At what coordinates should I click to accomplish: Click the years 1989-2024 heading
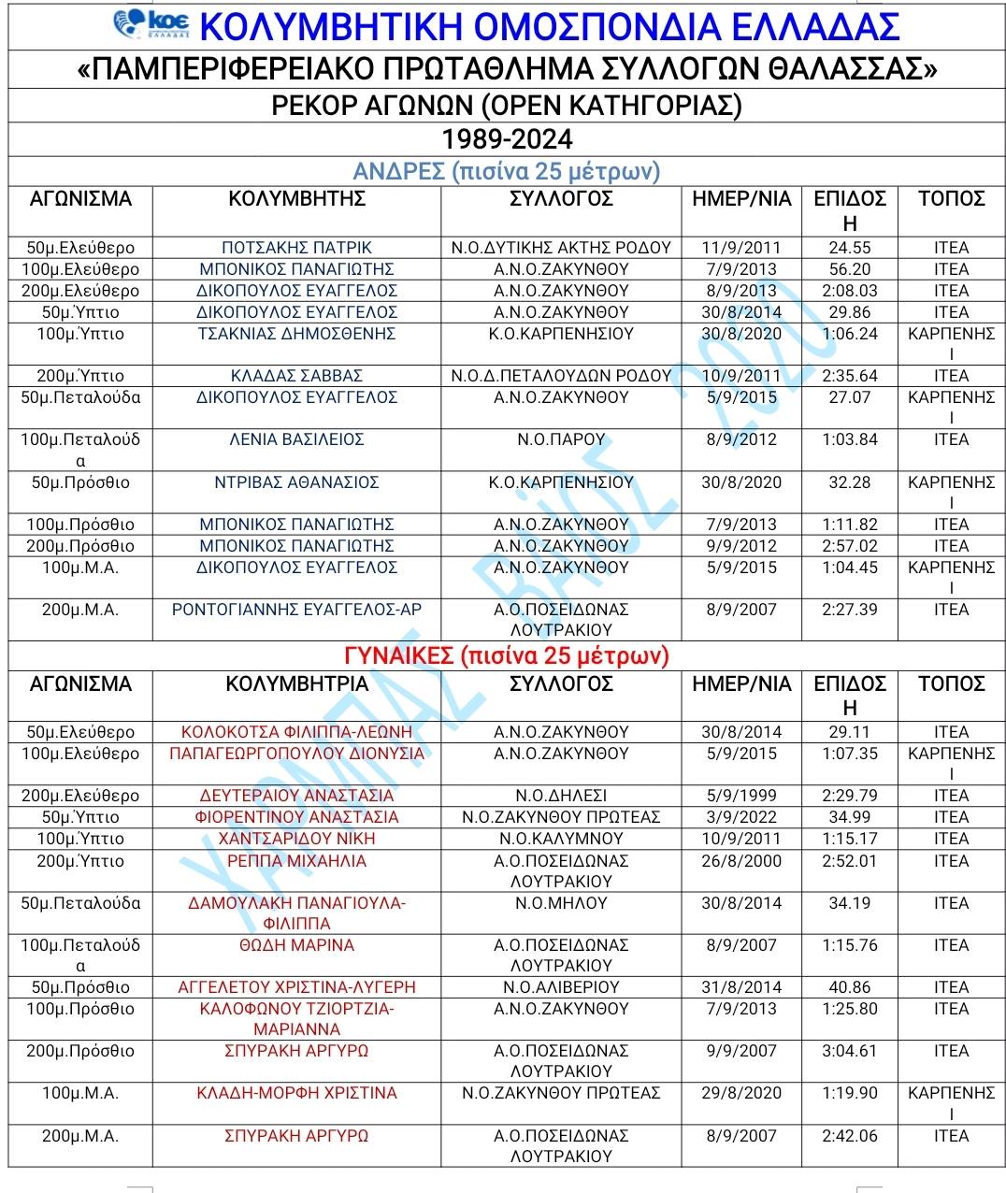pyautogui.click(x=507, y=139)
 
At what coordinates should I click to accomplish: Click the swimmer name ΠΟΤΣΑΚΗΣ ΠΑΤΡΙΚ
pyautogui.click(x=296, y=248)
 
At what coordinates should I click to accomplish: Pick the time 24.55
pyautogui.click(x=849, y=248)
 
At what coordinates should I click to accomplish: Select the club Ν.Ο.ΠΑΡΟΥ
pyautogui.click(x=561, y=439)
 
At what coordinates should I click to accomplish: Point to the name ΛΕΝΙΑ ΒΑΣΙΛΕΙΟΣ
pyautogui.click(x=296, y=439)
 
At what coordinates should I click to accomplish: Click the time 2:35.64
pyautogui.click(x=849, y=376)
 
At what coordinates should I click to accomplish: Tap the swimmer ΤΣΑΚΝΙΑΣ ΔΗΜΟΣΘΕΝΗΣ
pyautogui.click(x=296, y=334)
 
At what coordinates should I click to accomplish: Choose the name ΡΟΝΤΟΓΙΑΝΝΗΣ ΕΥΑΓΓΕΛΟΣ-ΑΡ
pyautogui.click(x=296, y=610)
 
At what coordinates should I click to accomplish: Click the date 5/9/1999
pyautogui.click(x=741, y=796)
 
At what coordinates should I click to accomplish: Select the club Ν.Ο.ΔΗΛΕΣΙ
pyautogui.click(x=561, y=796)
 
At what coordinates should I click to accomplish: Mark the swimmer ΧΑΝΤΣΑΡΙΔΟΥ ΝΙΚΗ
pyautogui.click(x=296, y=839)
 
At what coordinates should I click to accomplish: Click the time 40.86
pyautogui.click(x=849, y=987)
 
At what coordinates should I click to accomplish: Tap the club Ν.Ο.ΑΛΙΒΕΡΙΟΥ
pyautogui.click(x=561, y=987)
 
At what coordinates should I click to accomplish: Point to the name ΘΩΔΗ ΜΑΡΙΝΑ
pyautogui.click(x=296, y=945)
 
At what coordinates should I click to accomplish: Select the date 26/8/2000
pyautogui.click(x=741, y=861)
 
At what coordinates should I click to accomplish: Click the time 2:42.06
pyautogui.click(x=849, y=1136)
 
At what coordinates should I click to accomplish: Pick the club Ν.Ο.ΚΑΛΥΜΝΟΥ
pyautogui.click(x=561, y=839)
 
